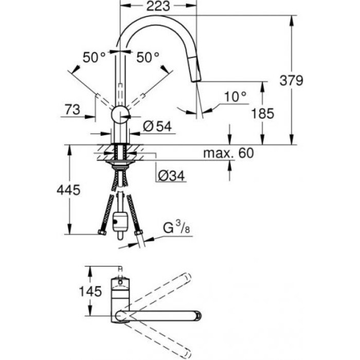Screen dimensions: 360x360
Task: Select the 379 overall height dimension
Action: pos(291,81)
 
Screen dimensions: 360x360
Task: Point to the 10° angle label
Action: pos(236,96)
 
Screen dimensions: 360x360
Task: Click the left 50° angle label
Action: pos(95,58)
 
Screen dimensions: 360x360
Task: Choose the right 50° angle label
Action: pos(148,58)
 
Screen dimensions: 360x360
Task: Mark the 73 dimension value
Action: pos(73,109)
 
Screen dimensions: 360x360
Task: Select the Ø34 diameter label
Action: pos(170,176)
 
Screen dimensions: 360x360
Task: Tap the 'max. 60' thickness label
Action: pos(228,153)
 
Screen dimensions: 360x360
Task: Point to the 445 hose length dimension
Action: pos(68,190)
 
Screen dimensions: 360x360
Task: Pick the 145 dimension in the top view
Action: pos(72,291)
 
